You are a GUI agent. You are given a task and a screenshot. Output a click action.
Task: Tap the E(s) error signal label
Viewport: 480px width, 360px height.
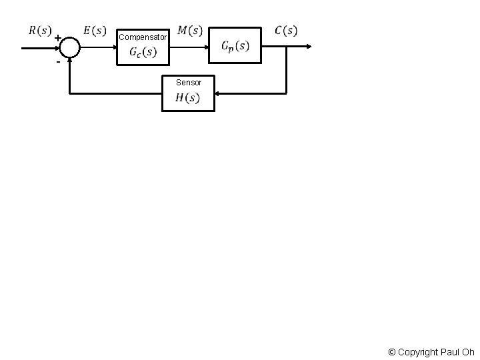(94, 30)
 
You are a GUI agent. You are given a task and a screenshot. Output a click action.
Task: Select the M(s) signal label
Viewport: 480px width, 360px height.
(191, 30)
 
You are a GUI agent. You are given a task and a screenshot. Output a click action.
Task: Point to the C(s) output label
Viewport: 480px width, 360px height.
(287, 30)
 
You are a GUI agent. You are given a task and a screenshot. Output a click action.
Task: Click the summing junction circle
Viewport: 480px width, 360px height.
(69, 47)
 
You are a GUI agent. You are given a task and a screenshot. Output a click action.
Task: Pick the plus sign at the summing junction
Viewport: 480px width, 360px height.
(58, 38)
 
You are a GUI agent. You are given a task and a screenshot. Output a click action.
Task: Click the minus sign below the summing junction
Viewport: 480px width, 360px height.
(58, 61)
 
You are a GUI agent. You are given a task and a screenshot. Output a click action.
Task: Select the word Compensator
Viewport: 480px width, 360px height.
(142, 37)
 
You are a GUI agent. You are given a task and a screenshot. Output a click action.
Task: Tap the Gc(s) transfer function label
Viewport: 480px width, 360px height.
(143, 52)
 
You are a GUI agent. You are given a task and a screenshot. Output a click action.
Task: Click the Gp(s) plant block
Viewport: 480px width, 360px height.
(235, 45)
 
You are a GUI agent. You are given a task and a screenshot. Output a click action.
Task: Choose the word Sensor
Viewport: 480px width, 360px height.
(189, 83)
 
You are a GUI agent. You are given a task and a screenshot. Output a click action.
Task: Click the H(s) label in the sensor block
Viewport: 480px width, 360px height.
(187, 98)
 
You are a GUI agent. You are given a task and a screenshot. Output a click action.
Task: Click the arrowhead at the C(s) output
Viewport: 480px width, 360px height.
(308, 46)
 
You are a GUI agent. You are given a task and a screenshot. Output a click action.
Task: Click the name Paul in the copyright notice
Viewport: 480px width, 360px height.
(450, 352)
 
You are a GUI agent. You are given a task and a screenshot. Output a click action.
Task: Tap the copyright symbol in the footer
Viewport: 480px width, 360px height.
(392, 352)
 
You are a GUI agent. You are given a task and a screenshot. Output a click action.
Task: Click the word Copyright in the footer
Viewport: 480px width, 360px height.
(417, 352)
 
